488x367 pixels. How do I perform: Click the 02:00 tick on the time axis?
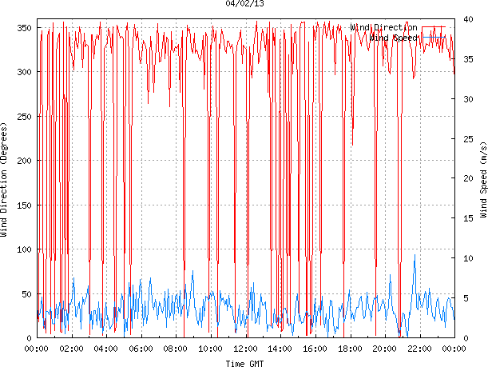(71, 349)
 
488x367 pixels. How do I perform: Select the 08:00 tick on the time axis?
(176, 349)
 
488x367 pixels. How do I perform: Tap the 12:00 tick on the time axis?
(246, 349)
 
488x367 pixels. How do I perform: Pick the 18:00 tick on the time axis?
(350, 349)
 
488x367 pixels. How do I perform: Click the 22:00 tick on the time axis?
(419, 349)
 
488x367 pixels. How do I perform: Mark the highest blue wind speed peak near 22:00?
(415, 256)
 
